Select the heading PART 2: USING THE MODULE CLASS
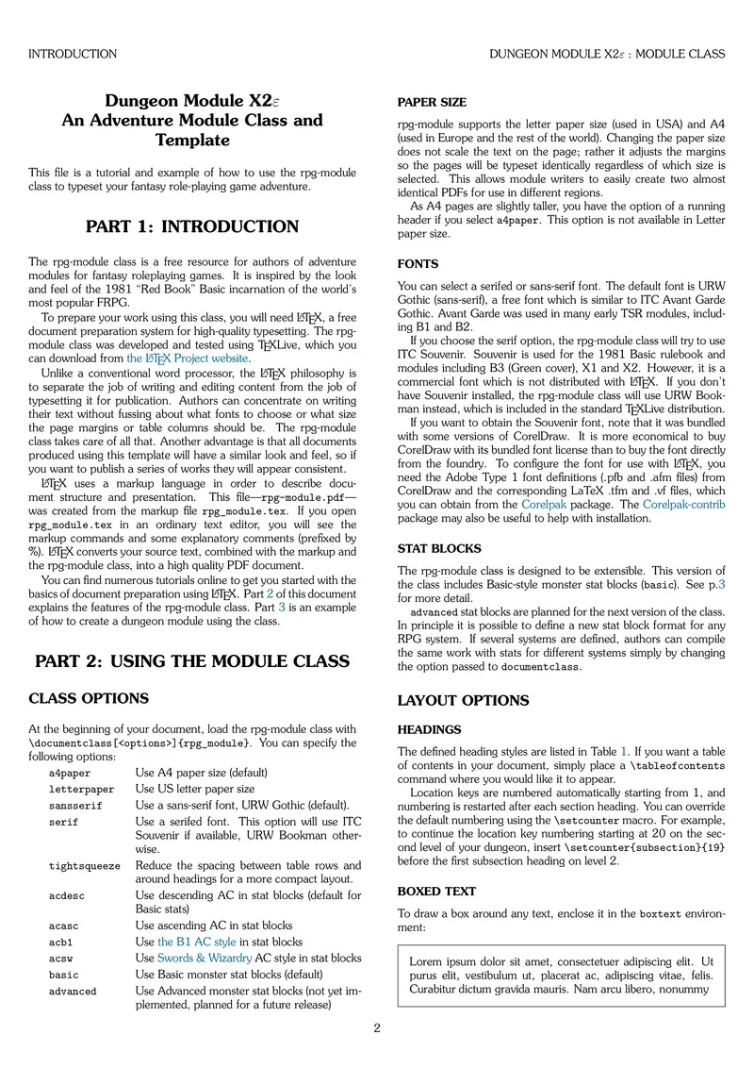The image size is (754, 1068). (192, 661)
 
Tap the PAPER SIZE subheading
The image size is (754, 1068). (432, 102)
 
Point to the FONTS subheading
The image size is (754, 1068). (418, 264)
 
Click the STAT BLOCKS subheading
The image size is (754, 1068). (439, 548)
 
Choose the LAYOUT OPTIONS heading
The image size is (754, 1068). (463, 701)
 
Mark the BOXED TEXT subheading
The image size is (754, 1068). (436, 891)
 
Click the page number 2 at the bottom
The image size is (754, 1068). (377, 1028)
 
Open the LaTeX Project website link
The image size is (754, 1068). (188, 359)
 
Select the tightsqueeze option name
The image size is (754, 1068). (85, 866)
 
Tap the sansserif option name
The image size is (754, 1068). (75, 806)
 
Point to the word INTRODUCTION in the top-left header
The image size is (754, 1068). (73, 55)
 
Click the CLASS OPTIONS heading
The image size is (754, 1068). (89, 699)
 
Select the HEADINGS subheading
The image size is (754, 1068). (429, 729)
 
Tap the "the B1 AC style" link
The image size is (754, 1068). (197, 942)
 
